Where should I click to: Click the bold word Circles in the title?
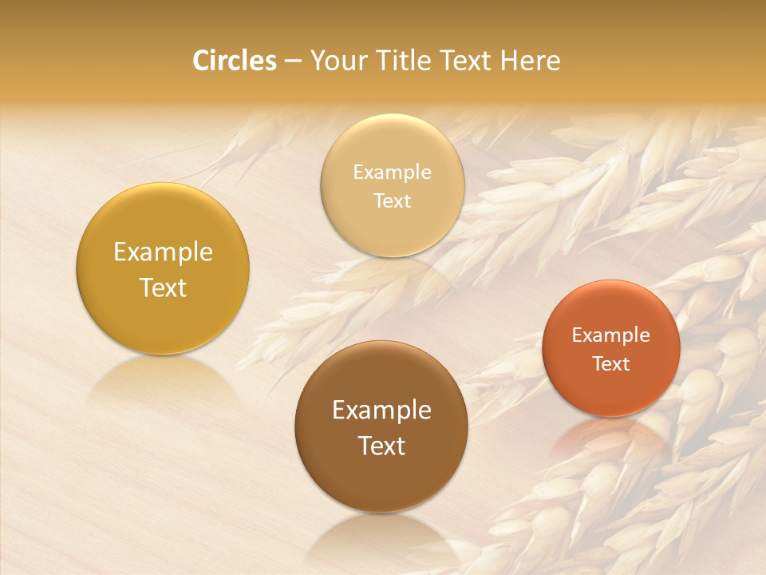click(x=235, y=61)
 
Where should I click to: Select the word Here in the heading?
click(x=530, y=61)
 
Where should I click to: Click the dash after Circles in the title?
click(x=293, y=61)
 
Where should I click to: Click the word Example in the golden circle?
click(x=163, y=252)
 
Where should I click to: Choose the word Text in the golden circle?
click(x=163, y=287)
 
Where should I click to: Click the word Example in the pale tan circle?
click(x=392, y=172)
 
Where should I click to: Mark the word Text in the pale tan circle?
click(x=392, y=200)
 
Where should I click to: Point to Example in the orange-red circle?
click(x=611, y=335)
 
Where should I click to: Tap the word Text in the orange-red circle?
click(x=611, y=363)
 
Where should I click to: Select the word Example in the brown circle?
click(x=381, y=410)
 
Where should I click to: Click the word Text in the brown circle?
click(x=381, y=446)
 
